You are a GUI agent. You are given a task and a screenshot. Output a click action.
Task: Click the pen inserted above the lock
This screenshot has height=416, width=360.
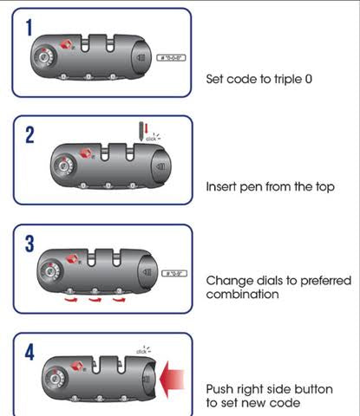141,131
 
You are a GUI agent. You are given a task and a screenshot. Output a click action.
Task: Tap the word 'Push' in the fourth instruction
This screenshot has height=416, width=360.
219,390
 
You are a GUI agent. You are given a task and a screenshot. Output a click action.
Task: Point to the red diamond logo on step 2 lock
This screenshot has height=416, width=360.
84,153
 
